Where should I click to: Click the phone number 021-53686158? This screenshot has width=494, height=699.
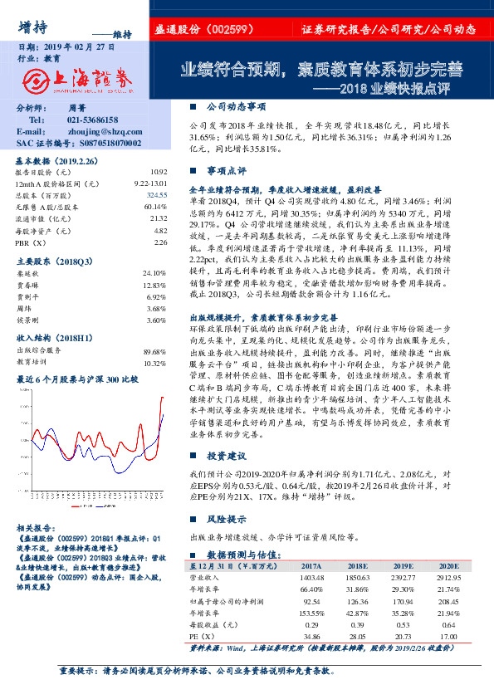click(92, 120)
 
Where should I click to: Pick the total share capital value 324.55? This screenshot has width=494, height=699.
click(156, 193)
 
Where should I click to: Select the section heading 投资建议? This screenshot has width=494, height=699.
click(226, 456)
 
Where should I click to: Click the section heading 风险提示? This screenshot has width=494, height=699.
click(226, 517)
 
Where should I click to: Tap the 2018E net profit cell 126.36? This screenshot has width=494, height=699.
click(356, 600)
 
